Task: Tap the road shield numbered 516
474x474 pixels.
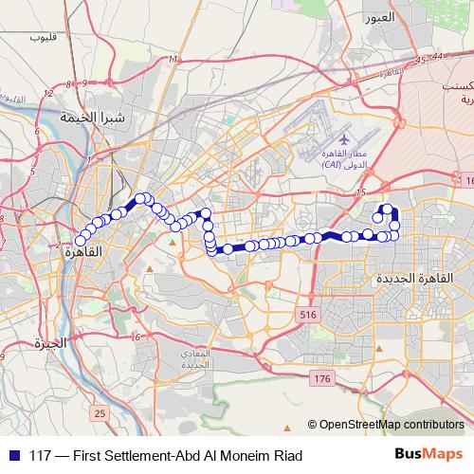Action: [305, 314]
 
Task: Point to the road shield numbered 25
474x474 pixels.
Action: [100, 413]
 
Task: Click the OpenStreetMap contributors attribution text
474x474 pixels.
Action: [391, 425]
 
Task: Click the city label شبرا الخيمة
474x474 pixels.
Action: [91, 118]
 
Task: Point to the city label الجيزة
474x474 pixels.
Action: [48, 342]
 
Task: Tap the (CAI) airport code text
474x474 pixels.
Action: [332, 164]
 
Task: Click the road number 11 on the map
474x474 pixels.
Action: [172, 61]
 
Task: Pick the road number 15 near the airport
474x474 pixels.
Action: [361, 192]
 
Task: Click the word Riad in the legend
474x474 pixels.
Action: [287, 456]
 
